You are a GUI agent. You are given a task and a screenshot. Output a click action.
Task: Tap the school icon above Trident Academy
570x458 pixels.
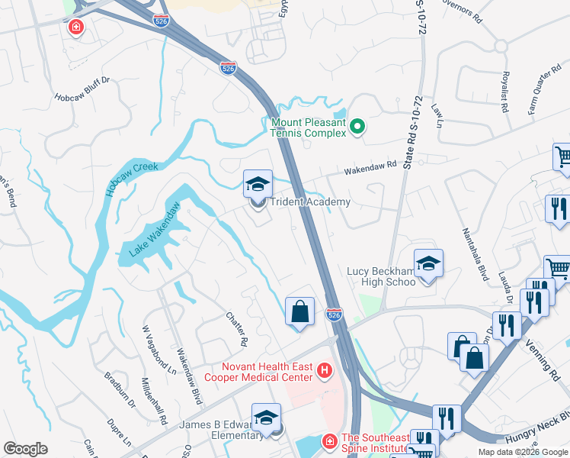pos(258,184)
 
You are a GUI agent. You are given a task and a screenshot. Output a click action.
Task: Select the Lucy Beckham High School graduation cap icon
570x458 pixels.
pos(428,263)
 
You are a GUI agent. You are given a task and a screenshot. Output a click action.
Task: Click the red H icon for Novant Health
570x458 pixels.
pos(325,372)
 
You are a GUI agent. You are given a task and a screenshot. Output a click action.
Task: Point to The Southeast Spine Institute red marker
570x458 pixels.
pos(328,441)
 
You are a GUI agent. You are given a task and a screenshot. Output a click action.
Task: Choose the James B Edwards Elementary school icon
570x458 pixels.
pos(267,418)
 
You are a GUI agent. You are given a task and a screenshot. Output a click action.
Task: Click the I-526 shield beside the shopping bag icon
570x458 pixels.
pos(334,314)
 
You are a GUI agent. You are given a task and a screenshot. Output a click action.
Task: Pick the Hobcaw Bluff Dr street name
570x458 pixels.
pos(82,98)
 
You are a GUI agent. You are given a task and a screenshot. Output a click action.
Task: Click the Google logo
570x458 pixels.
pos(25,449)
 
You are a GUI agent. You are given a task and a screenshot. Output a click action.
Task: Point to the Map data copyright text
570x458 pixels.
pos(523,452)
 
